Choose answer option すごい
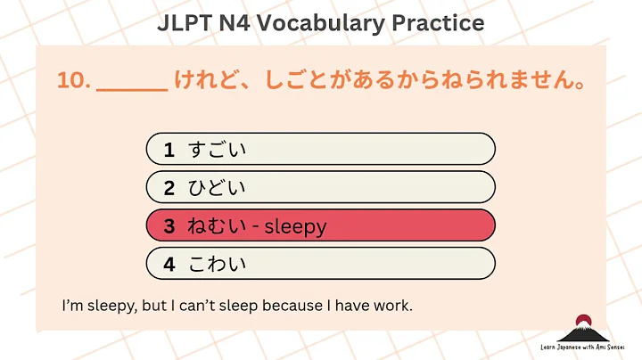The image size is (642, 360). [218, 150]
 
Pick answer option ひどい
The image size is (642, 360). [218, 188]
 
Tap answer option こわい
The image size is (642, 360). [218, 265]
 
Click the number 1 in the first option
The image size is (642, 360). [169, 150]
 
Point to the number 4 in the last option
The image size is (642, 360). [169, 265]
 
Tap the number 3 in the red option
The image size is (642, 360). [169, 226]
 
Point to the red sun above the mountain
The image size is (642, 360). [583, 318]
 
